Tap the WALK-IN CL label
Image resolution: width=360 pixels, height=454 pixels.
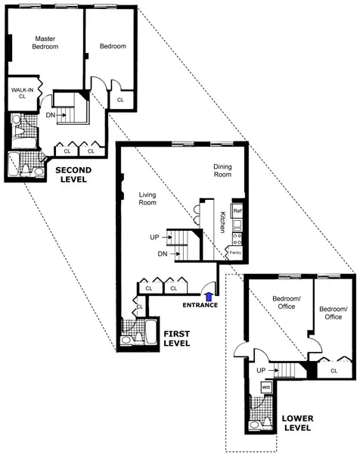tap(22, 92)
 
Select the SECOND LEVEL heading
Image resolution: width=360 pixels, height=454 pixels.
tap(73, 175)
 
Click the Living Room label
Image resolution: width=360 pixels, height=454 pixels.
tap(147, 198)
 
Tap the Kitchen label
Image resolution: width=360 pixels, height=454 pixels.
tap(222, 222)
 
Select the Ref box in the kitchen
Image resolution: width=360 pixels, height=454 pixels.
tap(237, 210)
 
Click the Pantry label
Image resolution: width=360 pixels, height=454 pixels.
tap(235, 253)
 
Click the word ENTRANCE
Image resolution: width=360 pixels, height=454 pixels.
tap(199, 306)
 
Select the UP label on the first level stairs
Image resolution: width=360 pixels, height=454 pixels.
tap(154, 238)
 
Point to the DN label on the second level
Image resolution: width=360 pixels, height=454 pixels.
tap(50, 115)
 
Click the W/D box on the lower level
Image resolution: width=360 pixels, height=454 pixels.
tap(265, 387)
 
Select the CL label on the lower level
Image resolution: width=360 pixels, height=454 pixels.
tap(334, 370)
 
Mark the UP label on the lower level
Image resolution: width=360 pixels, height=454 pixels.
tap(261, 370)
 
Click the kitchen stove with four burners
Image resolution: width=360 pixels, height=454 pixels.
tap(237, 225)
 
